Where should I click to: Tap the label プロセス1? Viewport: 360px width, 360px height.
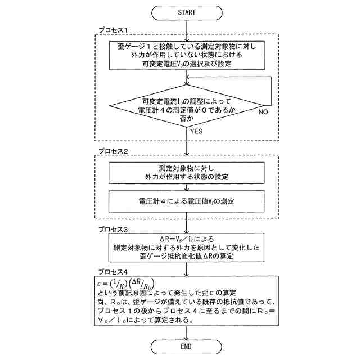[x=114, y=30]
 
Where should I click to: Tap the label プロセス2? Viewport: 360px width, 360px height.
[x=114, y=152]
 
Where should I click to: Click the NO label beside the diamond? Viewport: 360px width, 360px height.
[x=263, y=112]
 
